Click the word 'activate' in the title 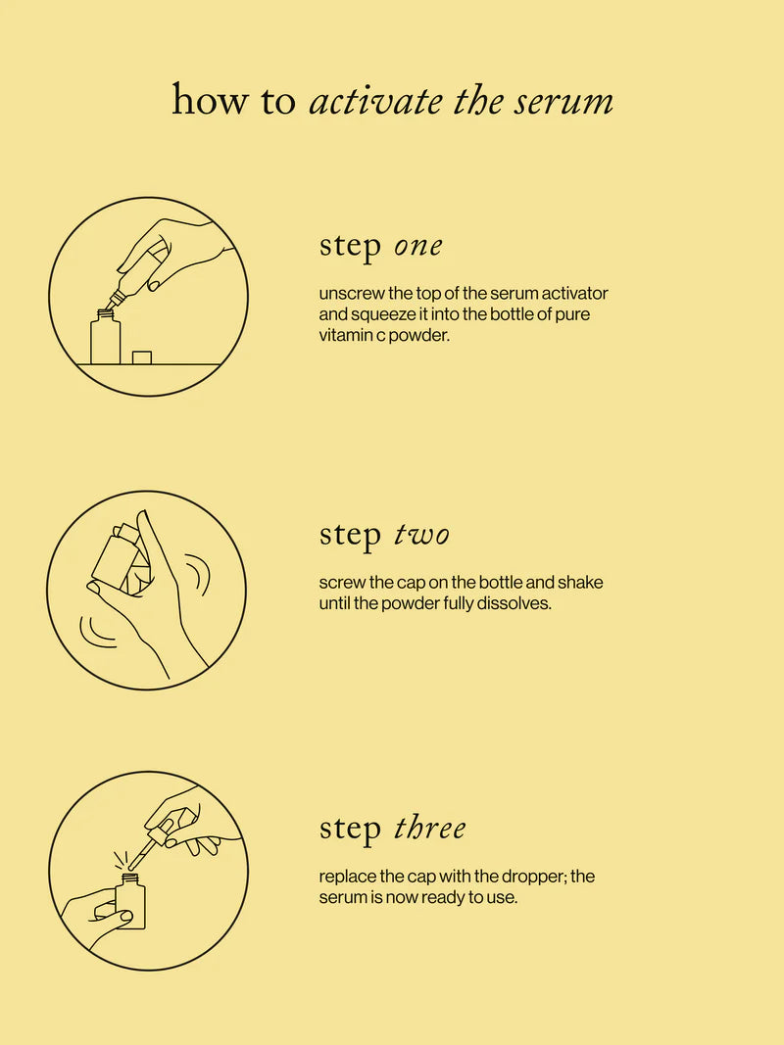coord(375,101)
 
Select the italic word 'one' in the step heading coord(418,247)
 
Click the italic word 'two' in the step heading coord(421,535)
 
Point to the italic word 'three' coord(429,829)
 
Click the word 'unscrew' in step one coord(352,293)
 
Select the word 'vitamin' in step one coord(343,335)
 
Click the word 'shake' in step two coord(580,583)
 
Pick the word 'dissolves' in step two coord(514,604)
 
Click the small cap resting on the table coord(142,357)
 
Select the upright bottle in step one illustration coord(105,338)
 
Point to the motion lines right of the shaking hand coord(200,575)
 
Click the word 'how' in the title coord(210,101)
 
